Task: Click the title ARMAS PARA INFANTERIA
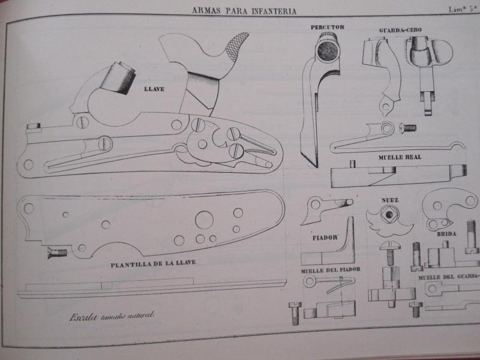pos(245,11)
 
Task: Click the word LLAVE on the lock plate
pos(155,89)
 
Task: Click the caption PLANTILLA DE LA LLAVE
pos(154,264)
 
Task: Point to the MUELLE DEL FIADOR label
pos(331,271)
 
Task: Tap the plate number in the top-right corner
pos(463,8)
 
